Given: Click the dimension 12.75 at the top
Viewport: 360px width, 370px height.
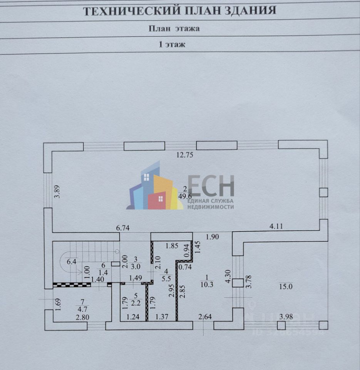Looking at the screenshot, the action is [184, 156].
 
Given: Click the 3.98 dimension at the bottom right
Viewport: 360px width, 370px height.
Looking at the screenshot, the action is [286, 317].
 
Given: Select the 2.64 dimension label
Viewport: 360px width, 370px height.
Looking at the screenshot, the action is [205, 317].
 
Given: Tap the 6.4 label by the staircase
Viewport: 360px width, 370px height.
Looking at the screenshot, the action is [72, 262].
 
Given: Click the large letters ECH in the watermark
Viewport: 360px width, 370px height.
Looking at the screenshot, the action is [211, 186].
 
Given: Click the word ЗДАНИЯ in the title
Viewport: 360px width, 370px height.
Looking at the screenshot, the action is [248, 10].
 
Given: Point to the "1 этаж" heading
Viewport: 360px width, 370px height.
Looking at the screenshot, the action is [172, 44].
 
